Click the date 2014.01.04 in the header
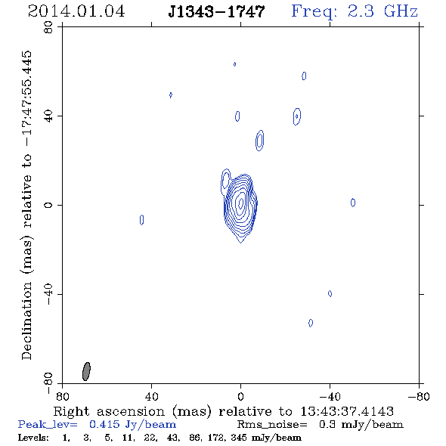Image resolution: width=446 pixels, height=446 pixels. click(76, 11)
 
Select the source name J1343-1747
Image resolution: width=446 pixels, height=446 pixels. click(216, 11)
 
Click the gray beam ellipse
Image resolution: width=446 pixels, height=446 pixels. click(86, 371)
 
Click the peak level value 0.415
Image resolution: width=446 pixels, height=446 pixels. click(104, 424)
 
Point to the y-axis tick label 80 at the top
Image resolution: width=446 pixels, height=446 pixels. click(49, 27)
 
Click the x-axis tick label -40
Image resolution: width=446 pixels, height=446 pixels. click(330, 396)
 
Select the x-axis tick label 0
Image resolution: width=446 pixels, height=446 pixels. click(240, 396)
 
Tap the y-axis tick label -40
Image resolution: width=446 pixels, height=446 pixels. click(49, 294)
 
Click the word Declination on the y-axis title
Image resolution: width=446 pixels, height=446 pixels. click(26, 321)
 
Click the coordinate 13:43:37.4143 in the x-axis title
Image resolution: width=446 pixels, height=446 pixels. click(347, 411)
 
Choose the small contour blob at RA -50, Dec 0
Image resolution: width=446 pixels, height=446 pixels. click(353, 203)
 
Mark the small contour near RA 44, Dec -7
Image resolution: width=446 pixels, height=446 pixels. click(141, 220)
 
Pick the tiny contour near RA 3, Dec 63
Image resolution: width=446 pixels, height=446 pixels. click(234, 64)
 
